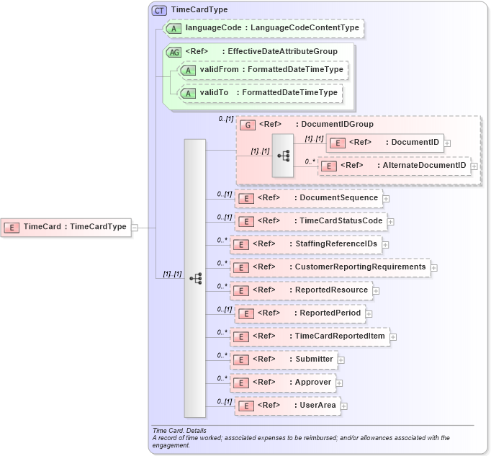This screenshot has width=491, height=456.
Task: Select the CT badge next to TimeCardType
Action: pyautogui.click(x=159, y=10)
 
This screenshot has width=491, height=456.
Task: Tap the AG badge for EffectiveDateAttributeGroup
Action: pyautogui.click(x=174, y=52)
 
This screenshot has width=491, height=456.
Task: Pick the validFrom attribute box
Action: pyautogui.click(x=263, y=70)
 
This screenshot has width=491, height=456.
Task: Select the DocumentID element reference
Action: pyautogui.click(x=384, y=143)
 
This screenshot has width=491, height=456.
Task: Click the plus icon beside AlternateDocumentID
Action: pyautogui.click(x=474, y=166)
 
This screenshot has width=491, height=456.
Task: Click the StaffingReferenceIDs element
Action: pyautogui.click(x=305, y=244)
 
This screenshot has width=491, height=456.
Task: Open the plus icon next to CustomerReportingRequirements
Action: pyautogui.click(x=434, y=268)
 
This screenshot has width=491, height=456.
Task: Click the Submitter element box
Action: pyautogui.click(x=284, y=359)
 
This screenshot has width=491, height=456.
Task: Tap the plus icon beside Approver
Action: pyautogui.click(x=339, y=383)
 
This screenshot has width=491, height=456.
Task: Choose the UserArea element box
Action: pyautogui.click(x=287, y=406)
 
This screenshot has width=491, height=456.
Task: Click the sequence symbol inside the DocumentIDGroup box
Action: pyautogui.click(x=283, y=155)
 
